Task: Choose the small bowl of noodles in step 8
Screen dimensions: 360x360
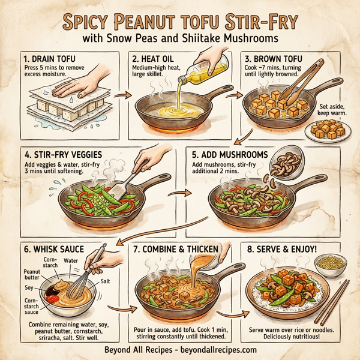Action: [x=326, y=263]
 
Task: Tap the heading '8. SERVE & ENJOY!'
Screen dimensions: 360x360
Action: [x=281, y=247]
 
